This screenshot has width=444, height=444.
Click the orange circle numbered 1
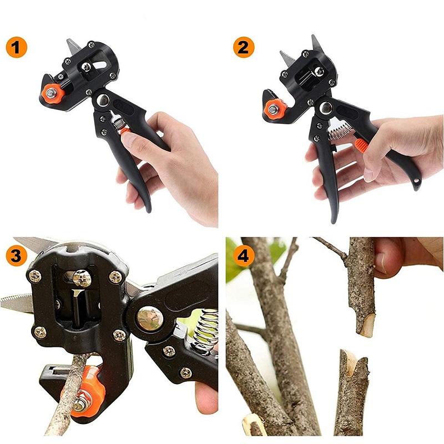coord(17,47)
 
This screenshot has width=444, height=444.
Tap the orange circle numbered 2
coord(244,47)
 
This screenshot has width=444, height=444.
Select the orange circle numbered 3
coord(17,255)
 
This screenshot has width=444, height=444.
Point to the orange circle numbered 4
coord(244,255)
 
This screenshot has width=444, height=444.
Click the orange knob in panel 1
coord(52,93)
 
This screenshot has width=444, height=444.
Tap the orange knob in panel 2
coord(274,109)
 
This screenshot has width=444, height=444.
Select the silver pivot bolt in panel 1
coord(103,100)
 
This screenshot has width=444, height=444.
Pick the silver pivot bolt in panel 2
coord(326,108)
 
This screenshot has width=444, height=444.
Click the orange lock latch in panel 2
coord(361,144)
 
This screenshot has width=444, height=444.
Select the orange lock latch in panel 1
coord(124,131)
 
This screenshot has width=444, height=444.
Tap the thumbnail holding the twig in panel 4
coord(381,263)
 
